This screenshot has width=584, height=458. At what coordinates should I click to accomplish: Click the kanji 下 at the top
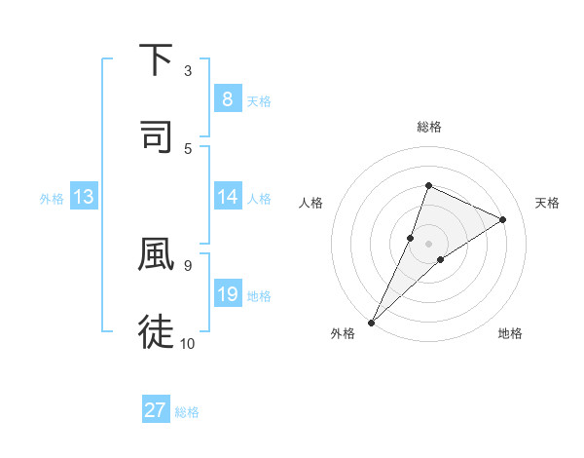(157, 60)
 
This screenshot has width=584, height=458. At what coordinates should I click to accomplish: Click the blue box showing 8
(227, 99)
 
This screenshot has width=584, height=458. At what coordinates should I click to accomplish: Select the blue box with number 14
(227, 198)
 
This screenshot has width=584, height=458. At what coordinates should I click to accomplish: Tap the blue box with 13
(84, 198)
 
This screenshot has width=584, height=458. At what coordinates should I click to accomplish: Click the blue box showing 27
(156, 411)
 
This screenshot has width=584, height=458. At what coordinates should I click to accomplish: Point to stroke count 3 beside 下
(187, 71)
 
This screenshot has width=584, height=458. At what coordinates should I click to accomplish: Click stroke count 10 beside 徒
(187, 343)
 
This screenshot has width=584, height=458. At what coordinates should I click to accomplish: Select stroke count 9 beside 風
(187, 264)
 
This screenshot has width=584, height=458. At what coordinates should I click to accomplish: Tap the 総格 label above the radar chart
(428, 128)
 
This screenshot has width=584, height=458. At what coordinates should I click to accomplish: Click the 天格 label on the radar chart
(547, 203)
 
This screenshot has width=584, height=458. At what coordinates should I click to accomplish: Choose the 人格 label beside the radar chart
(311, 203)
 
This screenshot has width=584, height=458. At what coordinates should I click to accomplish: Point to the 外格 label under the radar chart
(343, 334)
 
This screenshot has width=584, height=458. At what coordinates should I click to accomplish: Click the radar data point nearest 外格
(371, 322)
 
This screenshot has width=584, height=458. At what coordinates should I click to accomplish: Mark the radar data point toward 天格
(502, 219)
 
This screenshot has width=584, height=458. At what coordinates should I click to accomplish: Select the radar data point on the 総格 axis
(428, 185)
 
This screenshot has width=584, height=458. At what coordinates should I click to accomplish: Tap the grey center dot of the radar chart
(428, 244)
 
